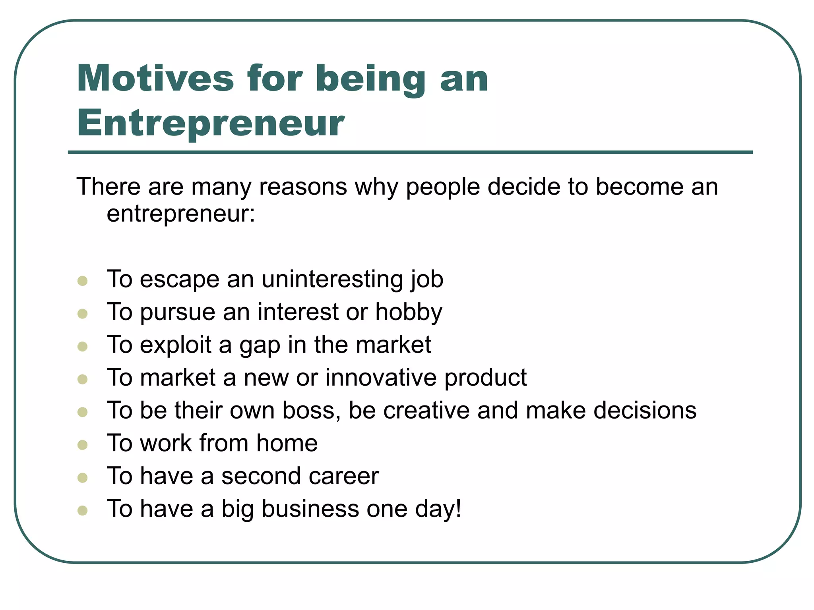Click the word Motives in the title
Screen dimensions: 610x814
155,79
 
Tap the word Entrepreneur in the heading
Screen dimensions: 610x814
211,123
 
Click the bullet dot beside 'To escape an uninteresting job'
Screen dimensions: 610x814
83,281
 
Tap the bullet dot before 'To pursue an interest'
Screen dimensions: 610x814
83,314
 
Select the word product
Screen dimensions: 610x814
485,378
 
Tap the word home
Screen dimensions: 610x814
287,443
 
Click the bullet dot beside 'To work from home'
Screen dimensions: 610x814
83,445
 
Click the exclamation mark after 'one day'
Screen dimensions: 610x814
458,508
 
